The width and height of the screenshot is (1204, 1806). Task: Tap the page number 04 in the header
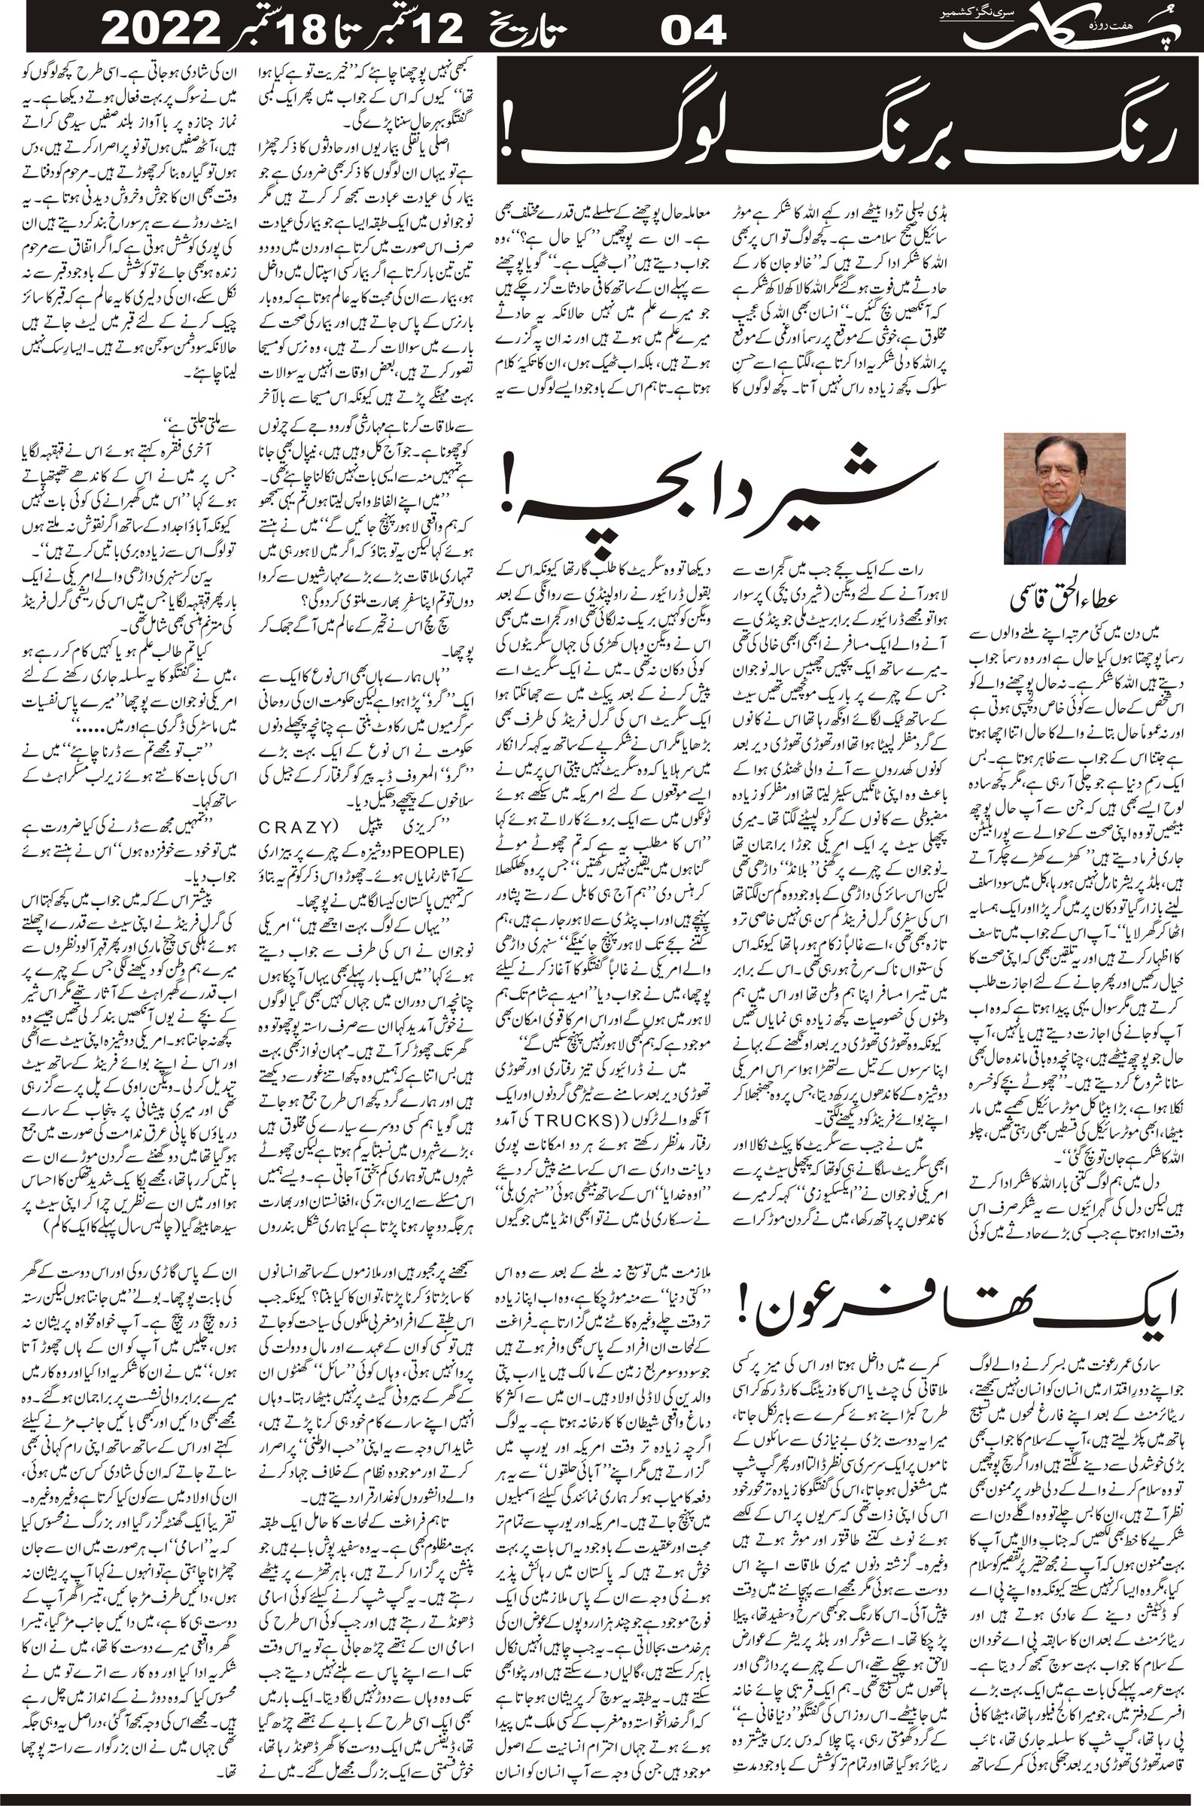(x=693, y=32)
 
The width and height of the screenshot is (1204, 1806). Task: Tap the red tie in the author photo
(x=1057, y=534)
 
